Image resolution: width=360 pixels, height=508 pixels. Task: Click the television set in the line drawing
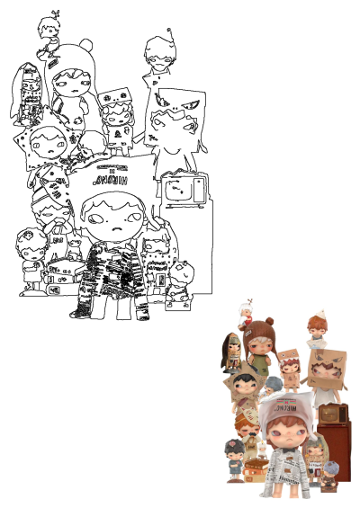pos(184,189)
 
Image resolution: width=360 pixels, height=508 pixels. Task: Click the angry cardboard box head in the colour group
pos(322,367)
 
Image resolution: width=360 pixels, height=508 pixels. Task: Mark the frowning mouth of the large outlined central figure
pos(113,232)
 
